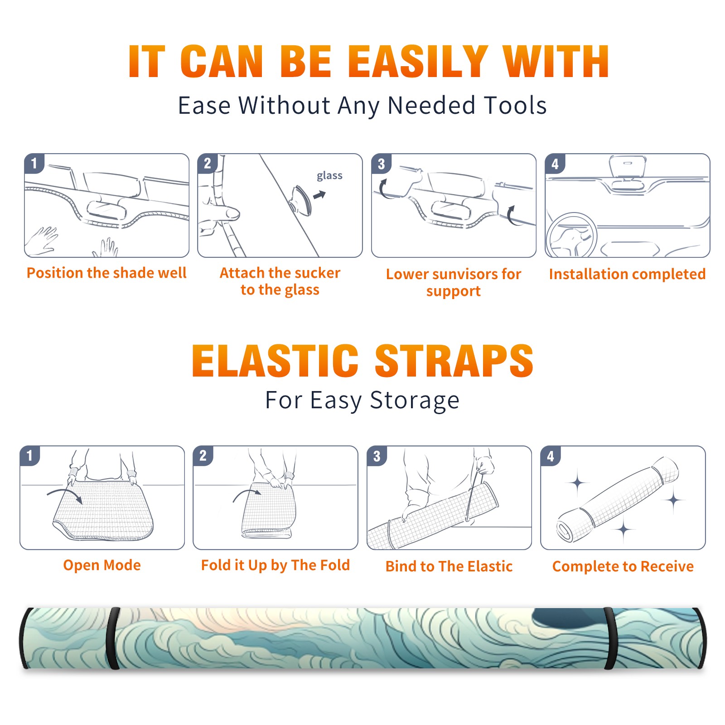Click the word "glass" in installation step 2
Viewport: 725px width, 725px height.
tap(329, 176)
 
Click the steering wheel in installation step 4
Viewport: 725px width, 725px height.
tap(571, 236)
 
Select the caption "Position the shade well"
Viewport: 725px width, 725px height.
tap(106, 273)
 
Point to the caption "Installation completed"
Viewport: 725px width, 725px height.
tap(627, 274)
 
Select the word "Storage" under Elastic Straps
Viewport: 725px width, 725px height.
tap(415, 401)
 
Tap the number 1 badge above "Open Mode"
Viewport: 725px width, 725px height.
tap(30, 455)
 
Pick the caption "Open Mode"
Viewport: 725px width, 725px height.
tap(102, 565)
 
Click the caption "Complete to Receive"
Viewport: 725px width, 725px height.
tap(623, 566)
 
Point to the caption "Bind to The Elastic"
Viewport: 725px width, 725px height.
tap(449, 566)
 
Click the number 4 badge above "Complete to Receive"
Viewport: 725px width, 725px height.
tap(551, 456)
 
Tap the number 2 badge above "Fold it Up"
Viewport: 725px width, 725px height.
tap(203, 455)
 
